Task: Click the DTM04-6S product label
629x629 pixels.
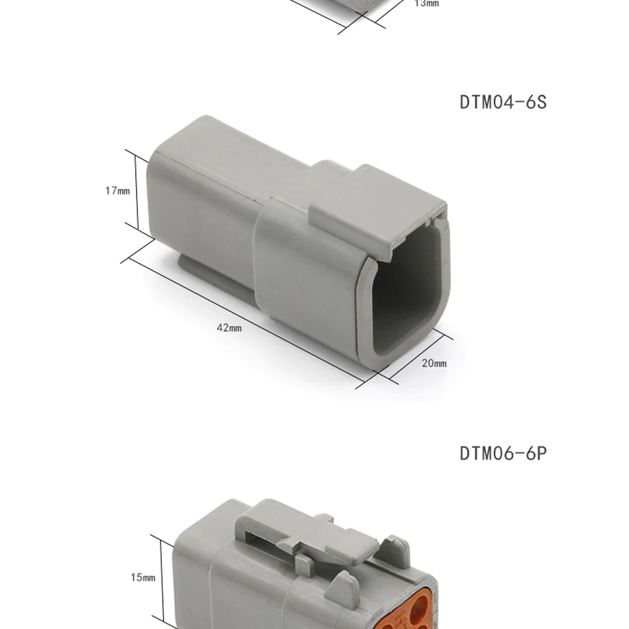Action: (x=503, y=102)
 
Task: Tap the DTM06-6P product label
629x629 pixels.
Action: (x=503, y=453)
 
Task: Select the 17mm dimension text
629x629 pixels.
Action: (x=118, y=191)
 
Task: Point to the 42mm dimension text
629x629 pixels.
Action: (x=230, y=328)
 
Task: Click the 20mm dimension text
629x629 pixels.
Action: (x=434, y=364)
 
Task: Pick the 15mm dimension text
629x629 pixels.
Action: (x=143, y=577)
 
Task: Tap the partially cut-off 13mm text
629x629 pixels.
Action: (x=426, y=4)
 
